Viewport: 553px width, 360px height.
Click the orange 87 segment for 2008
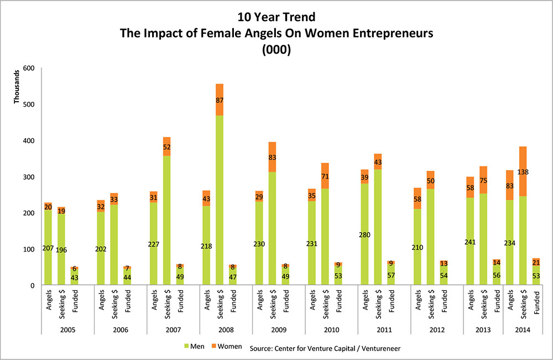pos(220,100)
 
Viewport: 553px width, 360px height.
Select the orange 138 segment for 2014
pos(522,171)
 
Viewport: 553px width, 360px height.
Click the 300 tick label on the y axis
pos(28,177)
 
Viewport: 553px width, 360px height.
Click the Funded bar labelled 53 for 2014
pos(536,275)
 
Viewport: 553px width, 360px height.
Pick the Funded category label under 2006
pos(128,301)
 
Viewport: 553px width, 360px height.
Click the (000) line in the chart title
pos(276,48)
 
